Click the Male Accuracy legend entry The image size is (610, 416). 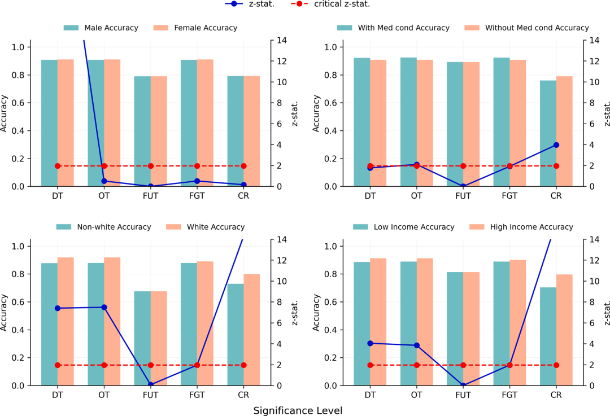[101, 28]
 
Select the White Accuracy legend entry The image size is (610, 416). [206, 227]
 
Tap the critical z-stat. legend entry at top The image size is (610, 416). [330, 4]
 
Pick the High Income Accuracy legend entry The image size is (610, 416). [521, 227]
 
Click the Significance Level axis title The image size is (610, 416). [298, 410]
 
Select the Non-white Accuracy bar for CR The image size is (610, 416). [236, 334]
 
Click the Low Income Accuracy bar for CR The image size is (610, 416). [548, 336]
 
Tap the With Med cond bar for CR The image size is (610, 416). [548, 133]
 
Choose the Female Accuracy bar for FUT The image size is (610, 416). [159, 132]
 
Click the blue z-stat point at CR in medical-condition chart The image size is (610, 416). [556, 145]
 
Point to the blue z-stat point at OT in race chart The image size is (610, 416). [104, 307]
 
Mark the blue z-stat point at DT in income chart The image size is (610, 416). [370, 343]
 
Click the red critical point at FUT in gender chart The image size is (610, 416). [151, 166]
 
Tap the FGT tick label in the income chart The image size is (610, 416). [509, 395]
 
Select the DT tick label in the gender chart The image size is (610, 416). [58, 196]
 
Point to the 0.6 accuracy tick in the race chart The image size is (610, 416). [18, 302]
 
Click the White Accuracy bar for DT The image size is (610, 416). [66, 321]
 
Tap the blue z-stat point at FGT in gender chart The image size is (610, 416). [197, 181]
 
